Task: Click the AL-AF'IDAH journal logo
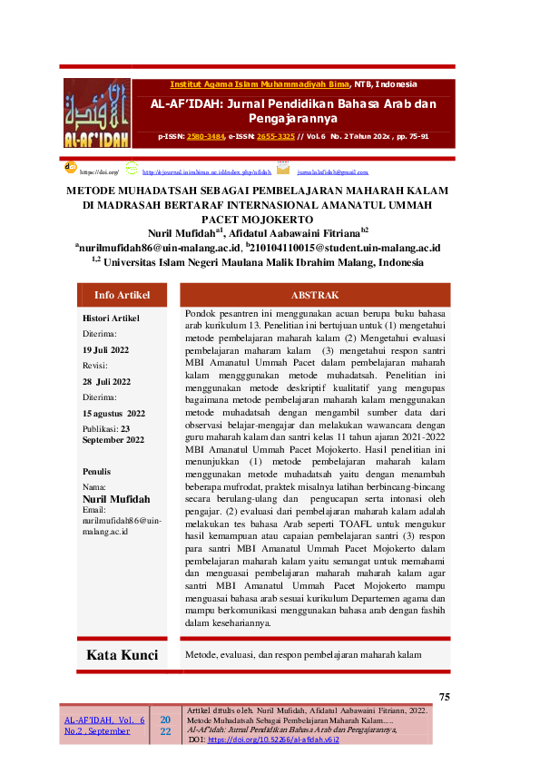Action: (97, 113)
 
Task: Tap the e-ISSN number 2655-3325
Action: (274, 137)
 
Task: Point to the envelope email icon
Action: (283, 169)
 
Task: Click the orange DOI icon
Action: (70, 168)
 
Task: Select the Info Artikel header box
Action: (122, 295)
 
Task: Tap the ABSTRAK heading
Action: (314, 295)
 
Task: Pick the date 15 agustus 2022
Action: (113, 413)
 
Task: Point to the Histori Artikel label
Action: (111, 318)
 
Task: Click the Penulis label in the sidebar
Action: (97, 472)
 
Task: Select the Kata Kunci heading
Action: (122, 654)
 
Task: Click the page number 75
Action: (444, 697)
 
